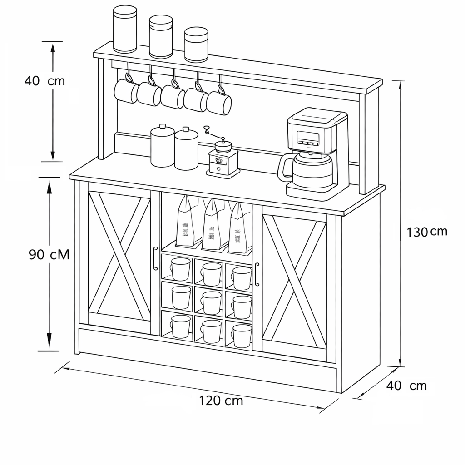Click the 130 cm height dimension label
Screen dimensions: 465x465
coord(427,232)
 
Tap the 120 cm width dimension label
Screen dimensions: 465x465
coord(221,401)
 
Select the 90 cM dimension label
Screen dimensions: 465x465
coord(49,255)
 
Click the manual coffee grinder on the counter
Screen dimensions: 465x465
coord(223,159)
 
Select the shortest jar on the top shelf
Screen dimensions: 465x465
coord(196,44)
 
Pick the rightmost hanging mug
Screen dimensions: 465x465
coord(219,102)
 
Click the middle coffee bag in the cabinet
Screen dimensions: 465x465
coord(213,225)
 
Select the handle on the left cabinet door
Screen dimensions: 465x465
coord(155,258)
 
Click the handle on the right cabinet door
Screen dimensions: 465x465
coord(257,274)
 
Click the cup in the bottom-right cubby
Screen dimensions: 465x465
coord(241,336)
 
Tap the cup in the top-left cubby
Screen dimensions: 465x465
coord(180,269)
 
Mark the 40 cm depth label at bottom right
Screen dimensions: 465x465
coord(407,386)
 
